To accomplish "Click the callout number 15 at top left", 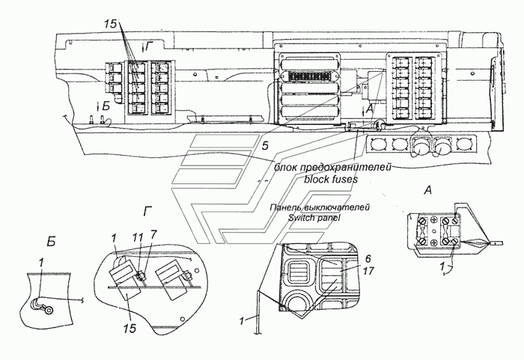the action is point(110,24).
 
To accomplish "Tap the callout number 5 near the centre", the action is point(265,146).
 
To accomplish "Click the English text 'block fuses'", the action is point(331,180).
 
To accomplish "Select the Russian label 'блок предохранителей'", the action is point(332,167).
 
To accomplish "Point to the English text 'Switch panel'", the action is point(314,218).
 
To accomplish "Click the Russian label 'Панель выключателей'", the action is point(320,207).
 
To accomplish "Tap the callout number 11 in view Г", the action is point(138,237).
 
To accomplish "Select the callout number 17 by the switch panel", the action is point(368,271).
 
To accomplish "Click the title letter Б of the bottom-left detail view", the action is point(51,242).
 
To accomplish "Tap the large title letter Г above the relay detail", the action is point(147,212).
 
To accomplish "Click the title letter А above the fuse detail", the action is point(427,191).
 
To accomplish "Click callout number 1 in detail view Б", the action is point(40,263).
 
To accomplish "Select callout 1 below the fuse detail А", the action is point(442,266).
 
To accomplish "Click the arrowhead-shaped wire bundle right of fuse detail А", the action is point(475,242).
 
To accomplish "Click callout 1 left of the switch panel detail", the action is point(241,322).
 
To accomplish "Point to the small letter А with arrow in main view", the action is point(368,109).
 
